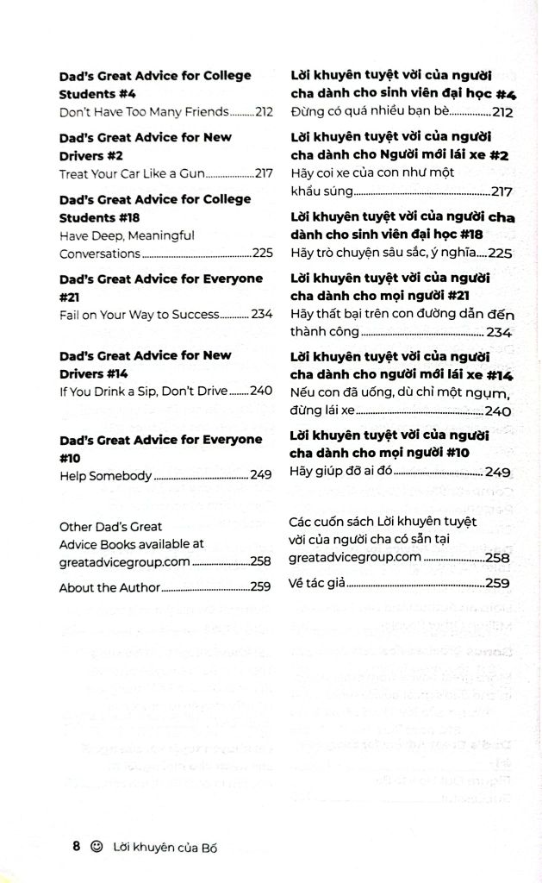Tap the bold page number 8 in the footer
(77, 847)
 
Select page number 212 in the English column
(264, 111)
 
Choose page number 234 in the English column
(261, 315)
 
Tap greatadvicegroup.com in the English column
(112, 561)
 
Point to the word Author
(139, 588)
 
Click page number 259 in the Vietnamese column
(498, 583)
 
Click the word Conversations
(99, 254)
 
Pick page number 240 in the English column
(261, 391)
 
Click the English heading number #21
(69, 297)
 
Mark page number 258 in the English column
(261, 561)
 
